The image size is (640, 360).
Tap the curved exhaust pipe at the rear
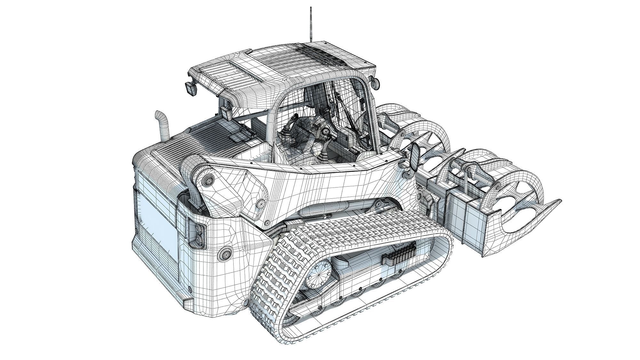[163, 125]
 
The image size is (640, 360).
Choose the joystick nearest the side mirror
[323, 156]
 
